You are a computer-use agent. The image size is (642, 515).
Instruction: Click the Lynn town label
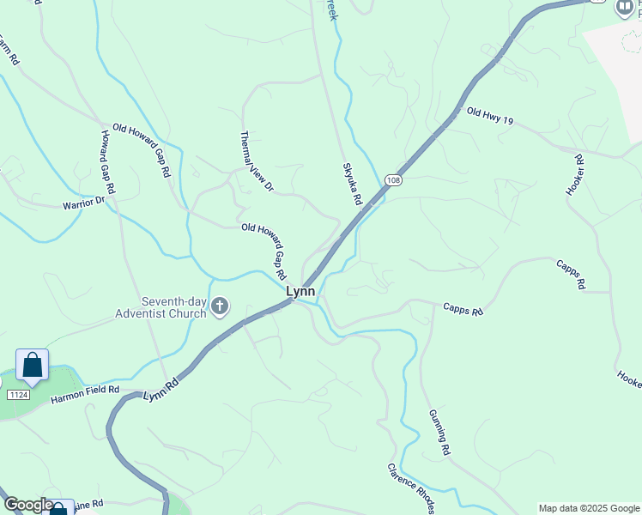click(300, 292)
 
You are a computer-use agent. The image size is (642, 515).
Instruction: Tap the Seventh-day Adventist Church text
click(161, 307)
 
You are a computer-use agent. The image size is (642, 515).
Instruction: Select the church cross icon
click(220, 306)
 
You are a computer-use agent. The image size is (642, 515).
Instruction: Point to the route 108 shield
click(393, 179)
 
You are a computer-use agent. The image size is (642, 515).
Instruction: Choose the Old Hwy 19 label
click(490, 117)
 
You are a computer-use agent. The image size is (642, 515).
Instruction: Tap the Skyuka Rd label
click(352, 184)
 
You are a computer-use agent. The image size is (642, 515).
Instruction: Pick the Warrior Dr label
click(83, 203)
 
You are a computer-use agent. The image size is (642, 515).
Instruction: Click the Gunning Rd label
click(439, 432)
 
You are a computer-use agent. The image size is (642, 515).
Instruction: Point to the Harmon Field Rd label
click(84, 395)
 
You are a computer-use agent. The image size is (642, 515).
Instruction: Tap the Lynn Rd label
click(160, 389)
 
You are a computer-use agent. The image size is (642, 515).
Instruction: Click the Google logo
click(27, 505)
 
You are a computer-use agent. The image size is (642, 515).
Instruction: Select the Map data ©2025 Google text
click(589, 508)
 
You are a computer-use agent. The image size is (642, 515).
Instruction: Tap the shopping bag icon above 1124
click(32, 366)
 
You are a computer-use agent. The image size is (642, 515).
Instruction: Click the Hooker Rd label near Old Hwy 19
click(575, 175)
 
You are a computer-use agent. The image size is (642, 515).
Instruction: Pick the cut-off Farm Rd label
click(7, 49)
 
